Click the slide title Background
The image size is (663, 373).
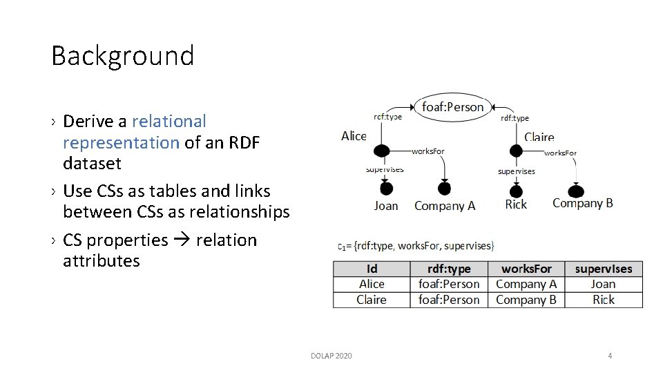tap(122, 56)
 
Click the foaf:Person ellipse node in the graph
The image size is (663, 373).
tap(452, 107)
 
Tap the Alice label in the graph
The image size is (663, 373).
tap(354, 136)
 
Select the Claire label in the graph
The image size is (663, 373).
tap(539, 137)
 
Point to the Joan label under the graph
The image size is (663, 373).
tap(385, 205)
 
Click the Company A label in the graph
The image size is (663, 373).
tap(445, 205)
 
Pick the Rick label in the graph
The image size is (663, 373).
tap(516, 204)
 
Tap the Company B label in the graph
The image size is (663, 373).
tap(582, 203)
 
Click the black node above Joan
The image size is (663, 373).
tap(386, 189)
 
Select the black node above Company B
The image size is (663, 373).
tap(576, 191)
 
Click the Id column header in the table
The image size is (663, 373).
tap(372, 269)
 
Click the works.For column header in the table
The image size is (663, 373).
tap(526, 269)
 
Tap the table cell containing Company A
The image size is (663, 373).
tap(526, 284)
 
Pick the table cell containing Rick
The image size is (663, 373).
tap(603, 300)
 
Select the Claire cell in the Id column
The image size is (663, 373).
tap(372, 300)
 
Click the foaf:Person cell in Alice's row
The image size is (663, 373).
tap(449, 284)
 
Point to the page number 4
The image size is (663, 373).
tap(610, 356)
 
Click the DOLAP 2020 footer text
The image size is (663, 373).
tap(331, 356)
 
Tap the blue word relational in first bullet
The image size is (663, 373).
tap(169, 122)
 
